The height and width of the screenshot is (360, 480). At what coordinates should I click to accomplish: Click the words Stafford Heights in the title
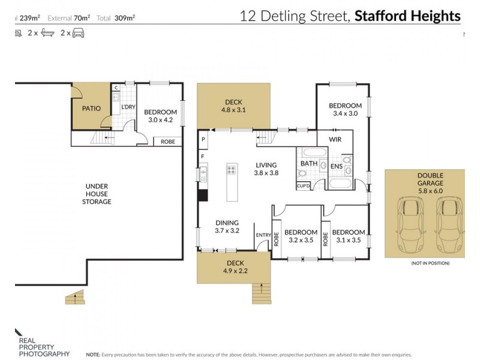407,16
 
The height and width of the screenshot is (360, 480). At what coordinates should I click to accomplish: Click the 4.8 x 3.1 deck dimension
234,110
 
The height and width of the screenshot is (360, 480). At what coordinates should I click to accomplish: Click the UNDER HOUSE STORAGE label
97,194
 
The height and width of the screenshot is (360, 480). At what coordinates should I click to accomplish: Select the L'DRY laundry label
128,107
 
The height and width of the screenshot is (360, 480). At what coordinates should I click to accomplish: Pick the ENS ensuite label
337,167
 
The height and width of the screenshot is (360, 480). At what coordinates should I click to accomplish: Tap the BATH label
309,163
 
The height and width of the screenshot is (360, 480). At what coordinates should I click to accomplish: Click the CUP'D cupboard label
304,187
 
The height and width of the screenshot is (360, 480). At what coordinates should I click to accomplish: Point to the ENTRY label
263,235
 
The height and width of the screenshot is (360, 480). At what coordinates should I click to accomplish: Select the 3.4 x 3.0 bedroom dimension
345,113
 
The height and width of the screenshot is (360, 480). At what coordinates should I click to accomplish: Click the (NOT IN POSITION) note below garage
430,263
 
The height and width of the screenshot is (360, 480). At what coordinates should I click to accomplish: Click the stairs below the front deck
260,295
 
